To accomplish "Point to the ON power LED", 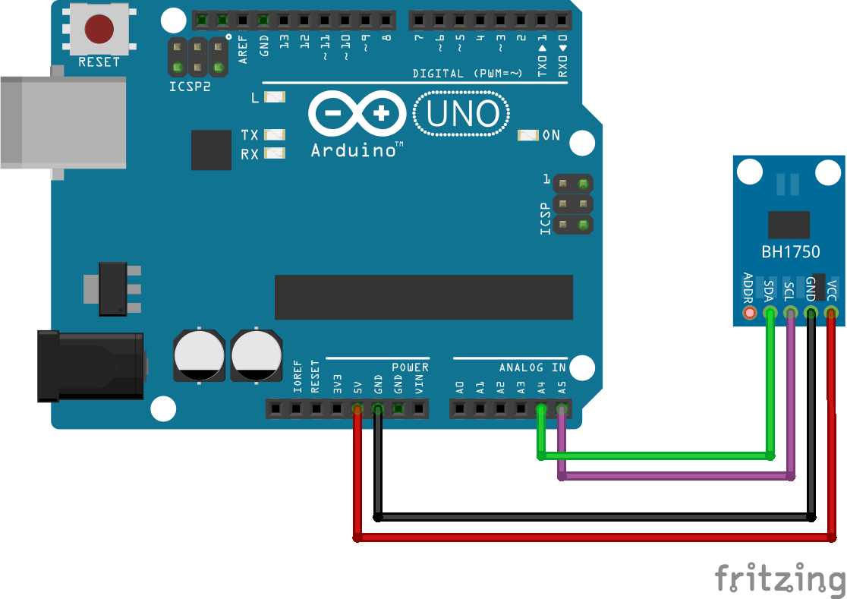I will point(527,135).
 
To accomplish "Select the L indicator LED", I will point(275,97).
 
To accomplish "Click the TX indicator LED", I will point(275,134).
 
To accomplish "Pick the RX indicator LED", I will point(275,153).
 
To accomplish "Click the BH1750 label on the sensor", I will point(790,252).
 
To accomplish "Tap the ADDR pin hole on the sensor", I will point(750,313).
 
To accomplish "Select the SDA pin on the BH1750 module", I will point(770,313).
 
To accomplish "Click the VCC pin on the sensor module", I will point(831,313).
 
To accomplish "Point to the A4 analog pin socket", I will point(541,410).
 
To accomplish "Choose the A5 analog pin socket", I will point(562,410).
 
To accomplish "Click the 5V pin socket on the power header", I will point(357,410).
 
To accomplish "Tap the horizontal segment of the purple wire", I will point(675,476).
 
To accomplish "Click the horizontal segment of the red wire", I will point(592,538).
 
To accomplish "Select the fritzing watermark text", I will point(779,579).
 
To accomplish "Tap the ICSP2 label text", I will point(190,87).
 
